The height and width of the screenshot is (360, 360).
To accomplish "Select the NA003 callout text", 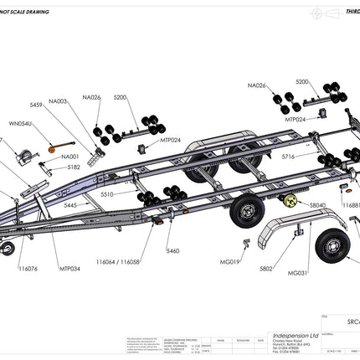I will pos(58,101).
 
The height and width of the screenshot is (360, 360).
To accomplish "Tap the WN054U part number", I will pos(20,124).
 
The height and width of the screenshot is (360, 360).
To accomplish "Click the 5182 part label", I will pos(75,167).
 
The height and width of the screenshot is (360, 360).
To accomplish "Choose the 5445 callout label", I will pos(70,205).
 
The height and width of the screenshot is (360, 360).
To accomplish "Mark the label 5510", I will pos(106,194).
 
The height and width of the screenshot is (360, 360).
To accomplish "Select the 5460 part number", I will pos(172,251).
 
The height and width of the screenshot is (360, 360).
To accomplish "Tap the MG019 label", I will pos(232,262).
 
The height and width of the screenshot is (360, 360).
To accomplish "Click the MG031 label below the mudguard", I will pos(297,272).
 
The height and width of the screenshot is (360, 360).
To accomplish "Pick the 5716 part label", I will pos(288,157).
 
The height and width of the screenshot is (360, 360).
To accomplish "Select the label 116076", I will pos(27,270).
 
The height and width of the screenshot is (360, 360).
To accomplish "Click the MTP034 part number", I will pos(69,270).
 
